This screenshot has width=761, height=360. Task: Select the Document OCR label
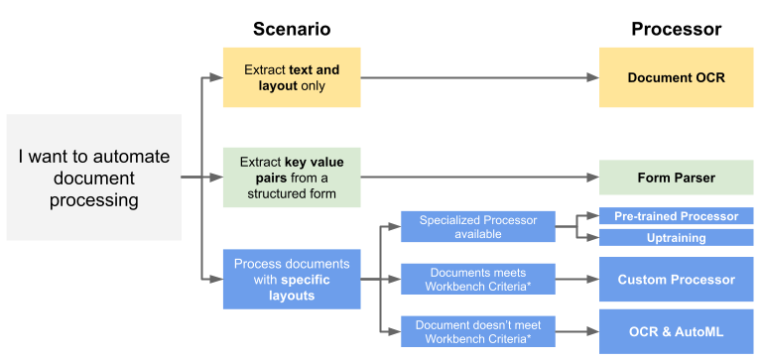click(x=676, y=76)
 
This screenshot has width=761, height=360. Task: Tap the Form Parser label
click(x=676, y=178)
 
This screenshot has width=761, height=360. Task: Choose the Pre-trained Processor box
click(x=676, y=216)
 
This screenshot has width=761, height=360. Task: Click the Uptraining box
click(x=676, y=238)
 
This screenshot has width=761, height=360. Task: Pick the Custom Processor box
click(x=676, y=280)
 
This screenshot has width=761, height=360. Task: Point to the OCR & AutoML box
click(x=676, y=332)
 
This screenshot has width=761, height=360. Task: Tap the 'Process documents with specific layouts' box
click(x=292, y=280)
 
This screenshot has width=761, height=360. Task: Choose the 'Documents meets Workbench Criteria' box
click(x=477, y=280)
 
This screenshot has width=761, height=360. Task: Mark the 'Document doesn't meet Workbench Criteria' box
click(x=477, y=332)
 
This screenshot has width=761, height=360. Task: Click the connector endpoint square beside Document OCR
click(x=593, y=77)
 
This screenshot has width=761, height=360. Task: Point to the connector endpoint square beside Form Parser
click(x=593, y=178)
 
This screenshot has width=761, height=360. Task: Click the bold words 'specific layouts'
click(x=292, y=288)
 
